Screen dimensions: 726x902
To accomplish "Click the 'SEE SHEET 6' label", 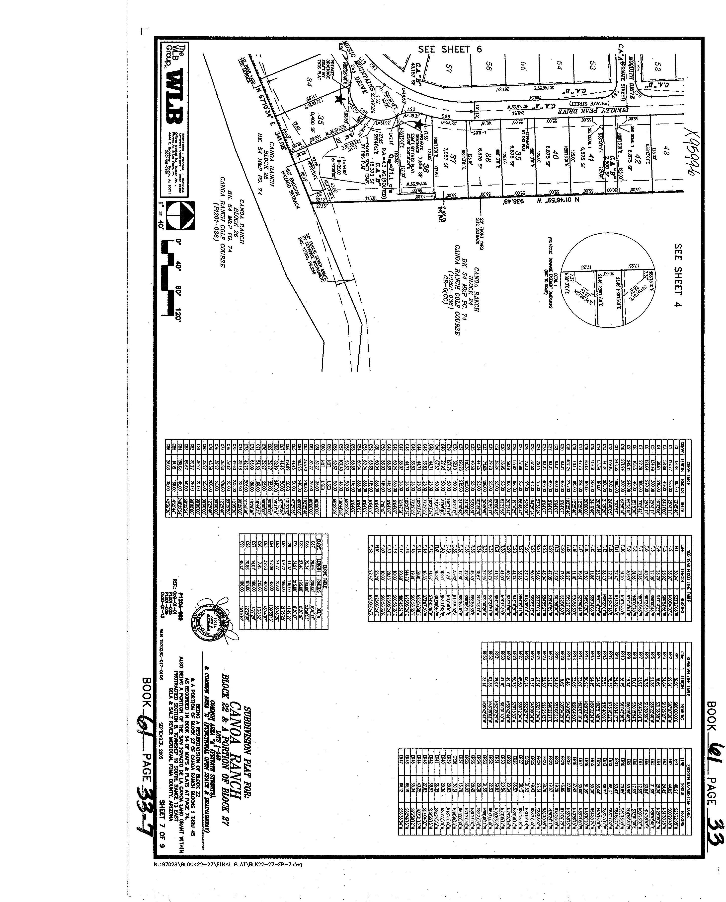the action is click(450, 49).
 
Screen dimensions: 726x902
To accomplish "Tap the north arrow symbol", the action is click(180, 215).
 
